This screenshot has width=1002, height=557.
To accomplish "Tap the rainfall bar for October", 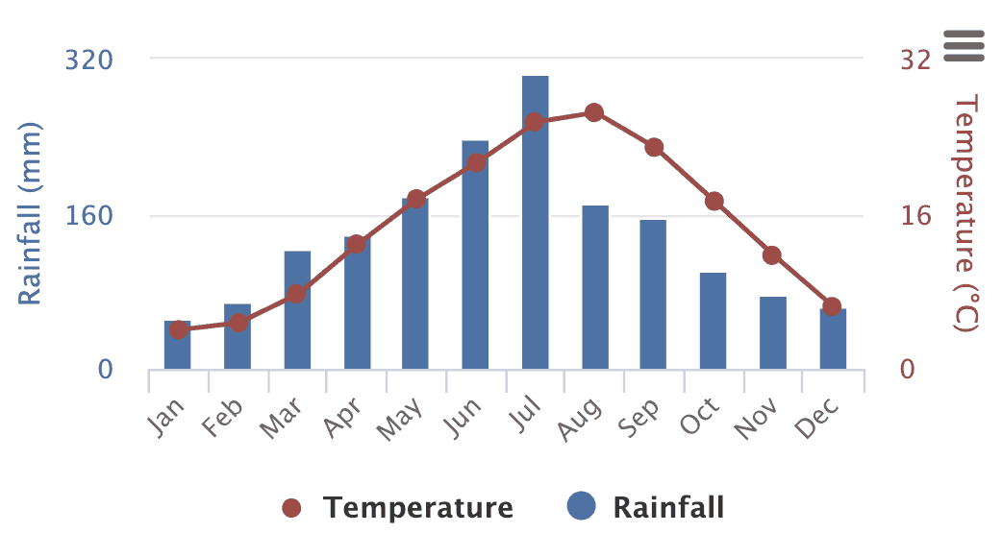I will click(x=713, y=321).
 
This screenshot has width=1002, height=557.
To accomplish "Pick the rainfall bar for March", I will click(x=297, y=310).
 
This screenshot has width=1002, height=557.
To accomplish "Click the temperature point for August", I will click(x=594, y=112).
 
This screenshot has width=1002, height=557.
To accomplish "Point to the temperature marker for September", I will click(x=654, y=147).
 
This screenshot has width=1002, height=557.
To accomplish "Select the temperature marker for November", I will click(x=772, y=255).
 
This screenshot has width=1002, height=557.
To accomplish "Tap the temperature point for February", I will click(x=238, y=322).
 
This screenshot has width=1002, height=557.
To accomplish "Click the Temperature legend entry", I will click(x=399, y=508).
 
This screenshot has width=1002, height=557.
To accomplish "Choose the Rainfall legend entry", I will click(x=646, y=507).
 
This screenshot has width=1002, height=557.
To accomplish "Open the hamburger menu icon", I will click(x=964, y=45).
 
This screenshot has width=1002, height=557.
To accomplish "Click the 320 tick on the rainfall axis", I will click(x=88, y=61).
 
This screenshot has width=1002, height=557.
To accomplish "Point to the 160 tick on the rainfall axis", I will click(x=88, y=215).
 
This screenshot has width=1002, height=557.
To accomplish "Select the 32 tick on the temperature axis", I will click(x=915, y=61).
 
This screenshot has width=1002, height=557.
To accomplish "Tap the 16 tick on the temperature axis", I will click(x=915, y=215).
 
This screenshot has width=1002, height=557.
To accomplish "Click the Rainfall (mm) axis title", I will click(x=31, y=214).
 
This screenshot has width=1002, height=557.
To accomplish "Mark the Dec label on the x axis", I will click(x=817, y=418).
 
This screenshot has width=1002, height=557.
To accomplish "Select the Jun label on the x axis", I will click(x=463, y=418).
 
